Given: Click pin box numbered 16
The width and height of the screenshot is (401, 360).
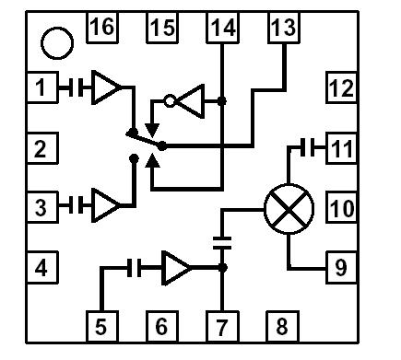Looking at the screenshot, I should pos(102,29).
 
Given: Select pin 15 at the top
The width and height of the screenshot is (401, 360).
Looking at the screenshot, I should pos(162,29).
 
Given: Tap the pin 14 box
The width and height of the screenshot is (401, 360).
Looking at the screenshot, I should pos(222,29).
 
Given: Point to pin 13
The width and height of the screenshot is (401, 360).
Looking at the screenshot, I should pos(283,29).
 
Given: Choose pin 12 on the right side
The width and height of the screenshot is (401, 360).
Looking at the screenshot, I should pos(341,88).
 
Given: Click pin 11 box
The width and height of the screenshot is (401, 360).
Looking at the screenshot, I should pos(341,147).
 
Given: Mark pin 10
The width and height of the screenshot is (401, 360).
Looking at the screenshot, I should pos(341,207).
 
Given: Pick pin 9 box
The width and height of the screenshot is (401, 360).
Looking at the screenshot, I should pos(341,268).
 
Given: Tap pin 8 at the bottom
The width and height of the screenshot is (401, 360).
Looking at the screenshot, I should pos(282,325).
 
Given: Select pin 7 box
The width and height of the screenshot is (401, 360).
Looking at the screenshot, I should pos(222,325).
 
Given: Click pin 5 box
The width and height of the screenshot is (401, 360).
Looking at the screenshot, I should pos(102,325).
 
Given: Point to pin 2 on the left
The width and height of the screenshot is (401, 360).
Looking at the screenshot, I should pos(41,147).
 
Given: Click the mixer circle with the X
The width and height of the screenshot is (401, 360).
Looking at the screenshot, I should pos(289,210).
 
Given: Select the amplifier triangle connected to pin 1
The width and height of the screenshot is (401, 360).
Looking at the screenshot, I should pos(108,88).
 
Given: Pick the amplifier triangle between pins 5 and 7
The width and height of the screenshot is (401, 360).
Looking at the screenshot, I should pos(176,268).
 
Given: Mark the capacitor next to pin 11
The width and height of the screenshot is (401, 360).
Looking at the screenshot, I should pos(312,147).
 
